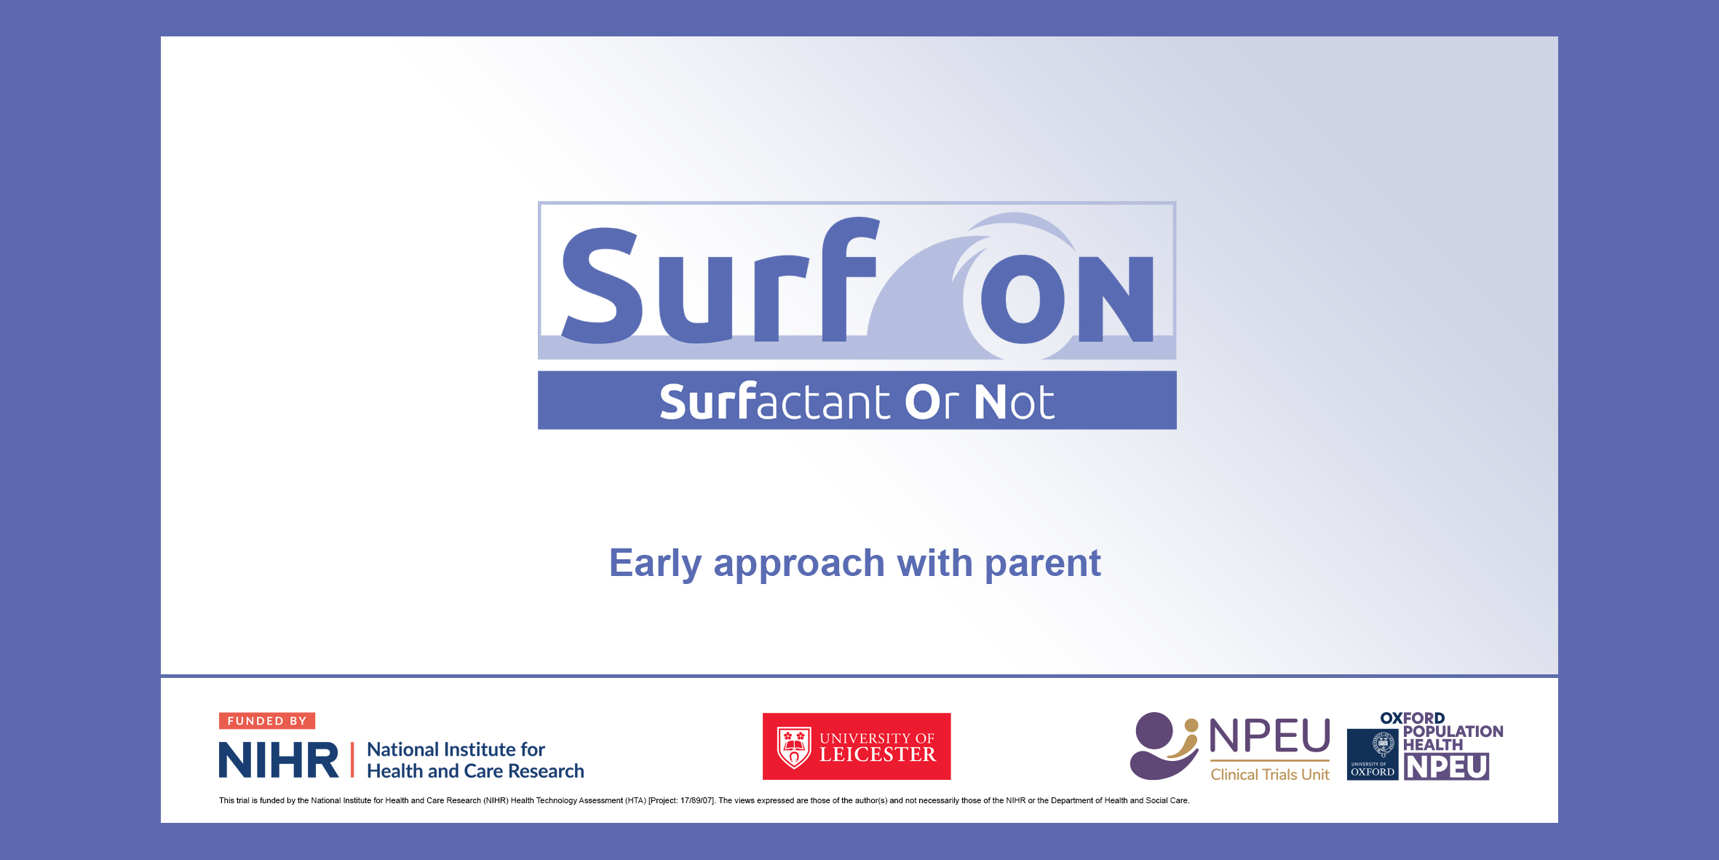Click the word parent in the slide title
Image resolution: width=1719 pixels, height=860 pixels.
coord(1043,564)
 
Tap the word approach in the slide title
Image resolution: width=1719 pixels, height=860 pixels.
coord(798,564)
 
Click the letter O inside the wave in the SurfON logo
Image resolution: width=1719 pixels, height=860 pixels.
coord(1023,299)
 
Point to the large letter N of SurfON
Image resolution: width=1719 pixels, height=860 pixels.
coord(1116,299)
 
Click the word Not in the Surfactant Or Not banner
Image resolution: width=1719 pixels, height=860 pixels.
coord(1014,401)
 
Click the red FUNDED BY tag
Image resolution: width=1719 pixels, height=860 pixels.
coord(267,721)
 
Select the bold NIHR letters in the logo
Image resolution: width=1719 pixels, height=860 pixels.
coord(279,760)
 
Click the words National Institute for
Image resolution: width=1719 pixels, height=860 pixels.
coord(456,749)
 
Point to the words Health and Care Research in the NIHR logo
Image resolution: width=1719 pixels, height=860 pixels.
coord(475,771)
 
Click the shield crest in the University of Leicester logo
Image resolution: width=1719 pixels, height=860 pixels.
coord(794,747)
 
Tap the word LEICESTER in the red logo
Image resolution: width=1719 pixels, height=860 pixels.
coord(878,754)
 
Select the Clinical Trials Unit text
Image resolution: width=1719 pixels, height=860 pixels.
coord(1270,775)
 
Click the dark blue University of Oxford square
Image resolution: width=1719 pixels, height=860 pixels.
coord(1373,754)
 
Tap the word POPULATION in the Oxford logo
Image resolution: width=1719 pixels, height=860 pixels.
coord(1453,731)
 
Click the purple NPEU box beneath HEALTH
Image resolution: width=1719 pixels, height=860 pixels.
coord(1447,767)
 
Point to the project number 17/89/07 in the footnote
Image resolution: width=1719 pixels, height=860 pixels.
coord(697,800)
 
